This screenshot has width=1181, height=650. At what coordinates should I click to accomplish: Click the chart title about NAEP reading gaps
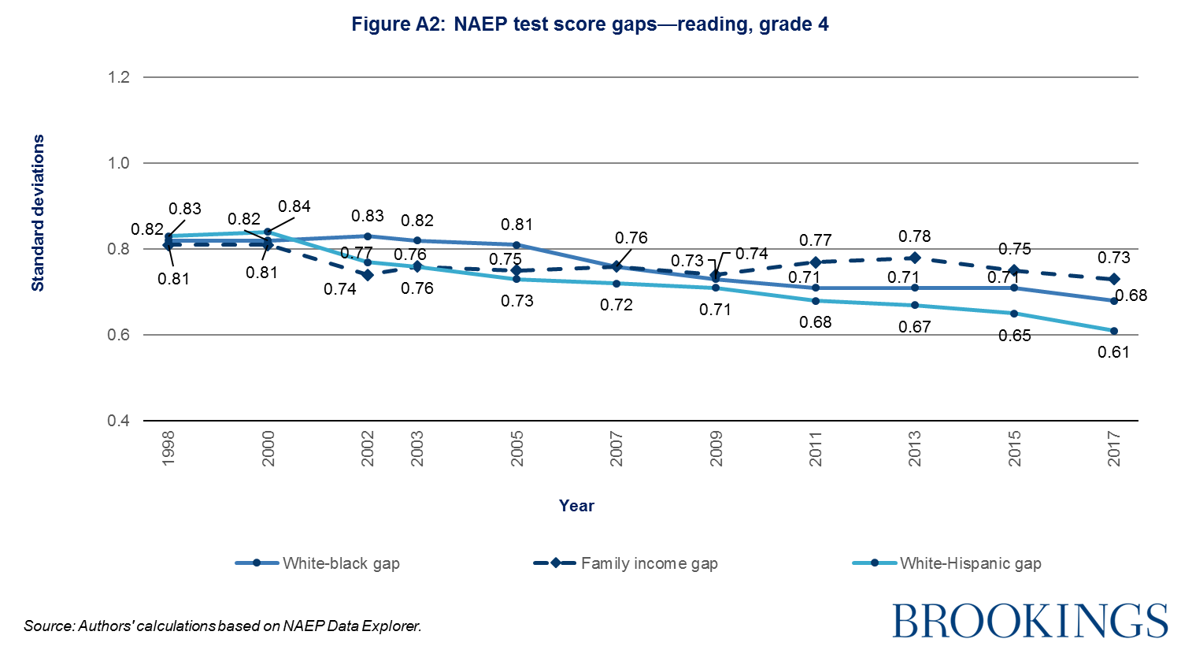click(590, 24)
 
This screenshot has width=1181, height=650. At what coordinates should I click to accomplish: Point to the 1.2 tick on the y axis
click(120, 77)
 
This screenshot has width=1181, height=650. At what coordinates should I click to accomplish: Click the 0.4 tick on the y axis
click(120, 421)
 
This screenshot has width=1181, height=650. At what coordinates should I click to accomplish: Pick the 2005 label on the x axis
click(517, 448)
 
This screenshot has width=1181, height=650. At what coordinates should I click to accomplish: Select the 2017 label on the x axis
click(1114, 448)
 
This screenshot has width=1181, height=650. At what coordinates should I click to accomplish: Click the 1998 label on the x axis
click(168, 448)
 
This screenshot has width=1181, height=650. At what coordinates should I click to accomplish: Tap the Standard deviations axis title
click(38, 213)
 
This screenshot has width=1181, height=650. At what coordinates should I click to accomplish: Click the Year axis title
click(576, 506)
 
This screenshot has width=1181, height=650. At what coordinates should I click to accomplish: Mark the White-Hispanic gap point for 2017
click(1114, 331)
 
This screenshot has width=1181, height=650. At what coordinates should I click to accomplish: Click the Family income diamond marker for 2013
click(915, 258)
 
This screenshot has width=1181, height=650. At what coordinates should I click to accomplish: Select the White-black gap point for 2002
click(368, 236)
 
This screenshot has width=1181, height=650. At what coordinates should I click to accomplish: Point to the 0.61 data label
click(1113, 352)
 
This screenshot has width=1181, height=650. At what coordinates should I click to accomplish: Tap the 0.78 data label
click(915, 236)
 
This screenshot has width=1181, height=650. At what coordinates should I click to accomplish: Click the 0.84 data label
click(294, 206)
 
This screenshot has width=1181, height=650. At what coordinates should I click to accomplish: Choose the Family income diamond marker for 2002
click(368, 275)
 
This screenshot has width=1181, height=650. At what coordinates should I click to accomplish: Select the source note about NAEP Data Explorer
click(223, 626)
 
